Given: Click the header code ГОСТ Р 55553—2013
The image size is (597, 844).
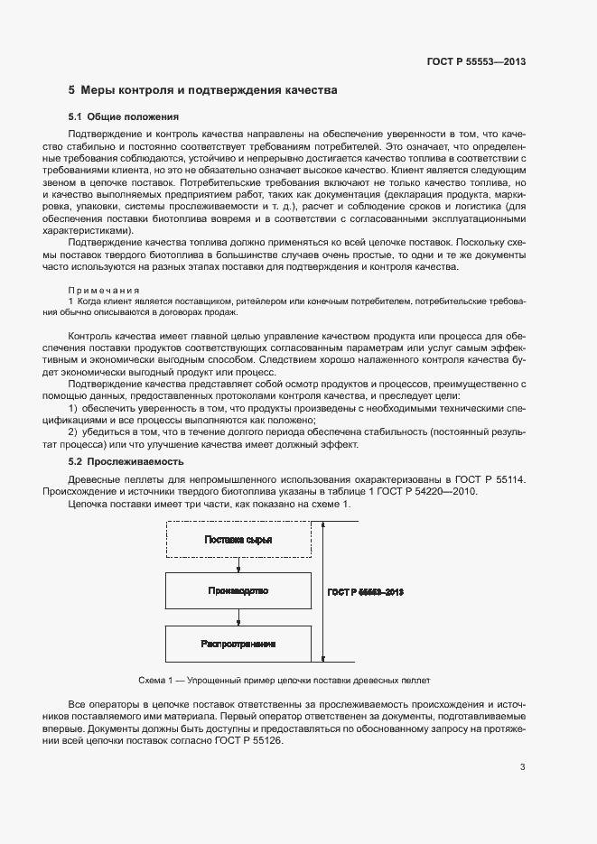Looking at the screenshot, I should tap(476, 61).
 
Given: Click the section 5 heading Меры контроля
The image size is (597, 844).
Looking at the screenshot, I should tap(203, 91).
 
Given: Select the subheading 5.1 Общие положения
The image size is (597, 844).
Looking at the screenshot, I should tap(124, 117).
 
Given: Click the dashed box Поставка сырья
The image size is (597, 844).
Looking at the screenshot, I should tap(238, 540).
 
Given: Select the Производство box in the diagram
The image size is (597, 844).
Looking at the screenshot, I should tap(238, 591).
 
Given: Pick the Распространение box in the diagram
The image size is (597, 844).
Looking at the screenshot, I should tap(238, 644).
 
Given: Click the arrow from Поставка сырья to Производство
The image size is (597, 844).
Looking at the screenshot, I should tap(238, 565).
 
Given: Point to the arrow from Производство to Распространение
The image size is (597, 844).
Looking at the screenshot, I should tap(238, 617).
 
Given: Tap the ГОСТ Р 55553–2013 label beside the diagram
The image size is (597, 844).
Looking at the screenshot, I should tap(363, 592).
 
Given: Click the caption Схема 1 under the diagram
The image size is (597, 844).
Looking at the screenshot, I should tap(284, 680).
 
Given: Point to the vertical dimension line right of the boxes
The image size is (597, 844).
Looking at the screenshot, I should tap(320, 592).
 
